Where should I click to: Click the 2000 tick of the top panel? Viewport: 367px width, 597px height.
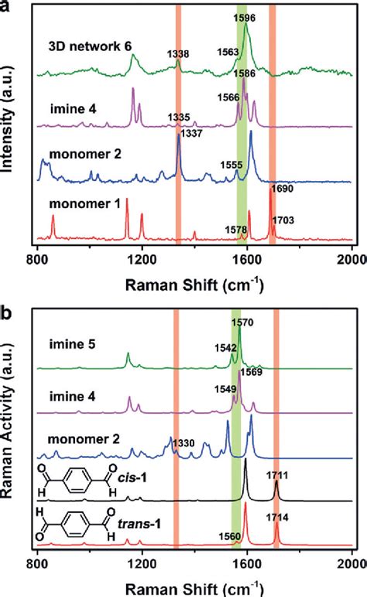click(352, 260)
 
